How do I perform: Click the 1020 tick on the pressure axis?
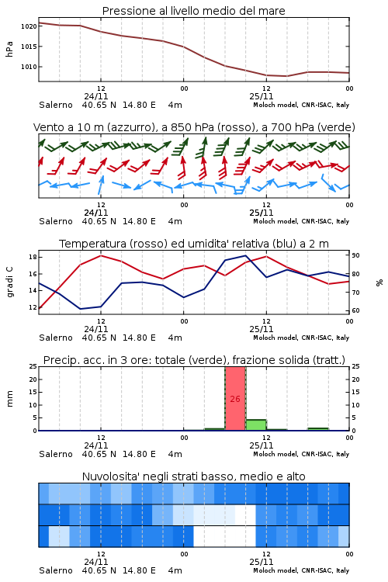(x=29, y=26)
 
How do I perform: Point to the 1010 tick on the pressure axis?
(x=29, y=67)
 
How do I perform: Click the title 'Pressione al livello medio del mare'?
(x=194, y=11)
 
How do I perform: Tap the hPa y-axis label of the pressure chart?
(x=9, y=49)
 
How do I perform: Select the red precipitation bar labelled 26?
(x=235, y=399)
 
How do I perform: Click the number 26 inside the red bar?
(x=235, y=399)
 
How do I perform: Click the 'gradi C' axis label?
(x=10, y=282)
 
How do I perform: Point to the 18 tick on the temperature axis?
(x=33, y=257)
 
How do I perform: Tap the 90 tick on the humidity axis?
(x=355, y=255)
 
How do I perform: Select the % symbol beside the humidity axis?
(x=379, y=282)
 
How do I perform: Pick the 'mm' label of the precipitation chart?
(x=9, y=399)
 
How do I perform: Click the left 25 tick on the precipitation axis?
(x=33, y=367)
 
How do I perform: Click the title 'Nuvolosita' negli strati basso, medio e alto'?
(x=194, y=476)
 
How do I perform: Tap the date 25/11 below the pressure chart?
(x=262, y=96)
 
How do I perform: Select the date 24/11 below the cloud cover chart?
(x=96, y=562)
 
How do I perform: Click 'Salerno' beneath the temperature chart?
(x=56, y=338)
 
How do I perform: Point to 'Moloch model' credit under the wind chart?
(x=275, y=221)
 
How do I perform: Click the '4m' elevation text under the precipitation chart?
(x=175, y=454)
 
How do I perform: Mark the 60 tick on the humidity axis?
(x=355, y=310)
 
